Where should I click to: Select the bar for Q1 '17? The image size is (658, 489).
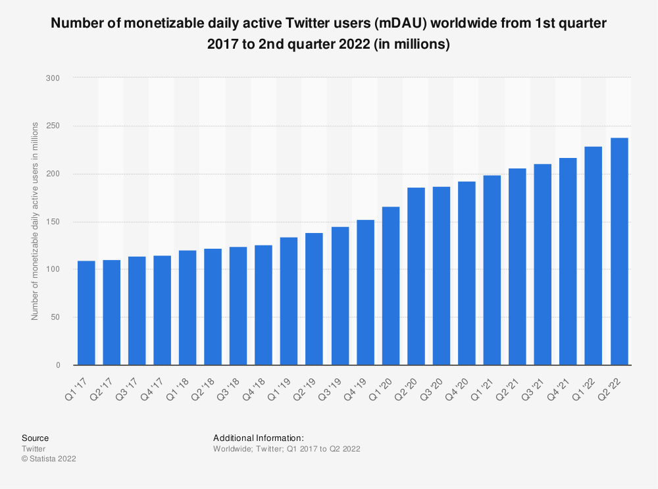click(x=86, y=313)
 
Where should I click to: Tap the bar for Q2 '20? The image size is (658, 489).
click(x=416, y=276)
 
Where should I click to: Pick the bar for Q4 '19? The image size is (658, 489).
click(x=365, y=292)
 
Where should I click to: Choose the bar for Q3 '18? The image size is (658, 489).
click(x=238, y=306)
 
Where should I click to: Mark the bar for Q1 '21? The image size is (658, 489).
click(x=492, y=270)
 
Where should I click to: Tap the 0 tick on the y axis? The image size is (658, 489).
click(x=58, y=365)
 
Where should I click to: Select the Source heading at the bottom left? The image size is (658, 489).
click(x=35, y=438)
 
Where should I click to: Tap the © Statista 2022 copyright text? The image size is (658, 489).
click(x=49, y=459)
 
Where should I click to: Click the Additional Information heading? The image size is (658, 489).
click(x=258, y=438)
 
